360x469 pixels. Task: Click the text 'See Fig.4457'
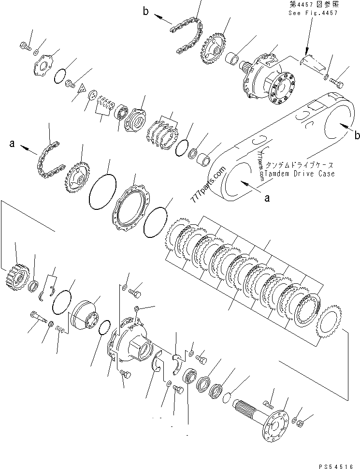point(313,13)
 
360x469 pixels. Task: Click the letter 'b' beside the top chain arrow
point(146,12)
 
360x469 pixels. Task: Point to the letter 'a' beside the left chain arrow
point(13,144)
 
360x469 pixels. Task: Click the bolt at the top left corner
point(25,47)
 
